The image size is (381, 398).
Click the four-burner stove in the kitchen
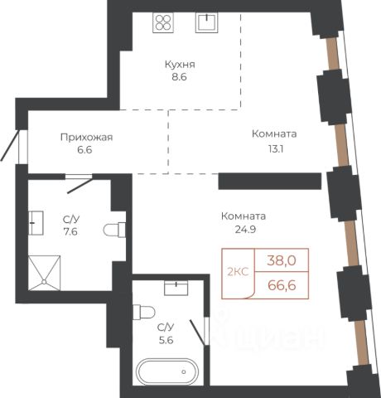click(163, 22)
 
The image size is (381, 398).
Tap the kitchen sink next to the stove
click(206, 22)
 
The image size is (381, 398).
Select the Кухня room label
click(180, 65)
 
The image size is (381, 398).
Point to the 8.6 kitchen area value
click(180, 77)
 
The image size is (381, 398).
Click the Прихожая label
click(86, 138)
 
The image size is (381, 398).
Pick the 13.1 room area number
click(276, 149)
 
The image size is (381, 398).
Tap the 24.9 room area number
click(245, 230)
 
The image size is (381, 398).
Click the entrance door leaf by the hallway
click(10, 146)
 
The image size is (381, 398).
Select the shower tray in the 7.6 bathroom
click(44, 273)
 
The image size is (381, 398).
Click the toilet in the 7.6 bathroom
click(114, 230)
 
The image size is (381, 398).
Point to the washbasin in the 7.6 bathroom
click(36, 223)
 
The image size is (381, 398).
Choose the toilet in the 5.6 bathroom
click(143, 312)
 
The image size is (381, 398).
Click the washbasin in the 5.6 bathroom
click(176, 288)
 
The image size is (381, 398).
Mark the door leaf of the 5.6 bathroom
click(197, 332)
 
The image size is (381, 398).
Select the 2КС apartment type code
click(238, 272)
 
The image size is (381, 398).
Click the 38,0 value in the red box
click(282, 260)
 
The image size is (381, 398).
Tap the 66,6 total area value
click(282, 285)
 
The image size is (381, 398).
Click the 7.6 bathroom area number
click(70, 231)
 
